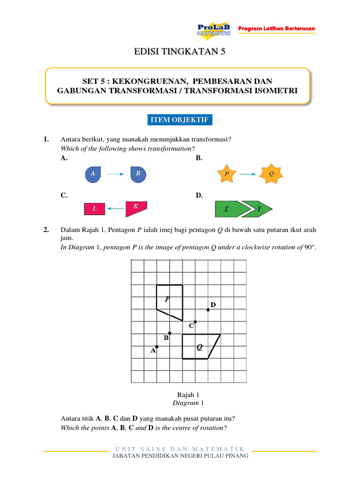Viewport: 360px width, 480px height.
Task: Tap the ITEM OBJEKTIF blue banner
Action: pyautogui.click(x=180, y=120)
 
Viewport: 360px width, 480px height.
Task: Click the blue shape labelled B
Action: pyautogui.click(x=138, y=174)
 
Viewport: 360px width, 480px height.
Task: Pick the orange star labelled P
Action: pyautogui.click(x=226, y=173)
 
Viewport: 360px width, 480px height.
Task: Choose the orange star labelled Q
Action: pyautogui.click(x=270, y=173)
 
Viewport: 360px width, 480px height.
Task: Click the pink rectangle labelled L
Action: pyautogui.click(x=95, y=209)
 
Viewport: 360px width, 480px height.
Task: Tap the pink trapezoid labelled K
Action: pyautogui.click(x=135, y=208)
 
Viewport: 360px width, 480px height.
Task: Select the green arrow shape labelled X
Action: pyautogui.click(x=229, y=209)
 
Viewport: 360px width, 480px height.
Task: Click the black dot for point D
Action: pyautogui.click(x=208, y=309)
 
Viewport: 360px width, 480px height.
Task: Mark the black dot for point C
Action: pyautogui.click(x=195, y=322)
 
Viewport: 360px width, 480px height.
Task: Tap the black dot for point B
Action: pyautogui.click(x=170, y=333)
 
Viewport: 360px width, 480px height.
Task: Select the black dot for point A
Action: pyautogui.click(x=157, y=347)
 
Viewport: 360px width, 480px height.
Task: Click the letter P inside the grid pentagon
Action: pyautogui.click(x=167, y=299)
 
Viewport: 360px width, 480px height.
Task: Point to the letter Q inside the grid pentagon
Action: pyautogui.click(x=199, y=347)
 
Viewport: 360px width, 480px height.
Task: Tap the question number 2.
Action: pyautogui.click(x=46, y=230)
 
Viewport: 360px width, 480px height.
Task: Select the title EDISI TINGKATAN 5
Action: pyautogui.click(x=180, y=52)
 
